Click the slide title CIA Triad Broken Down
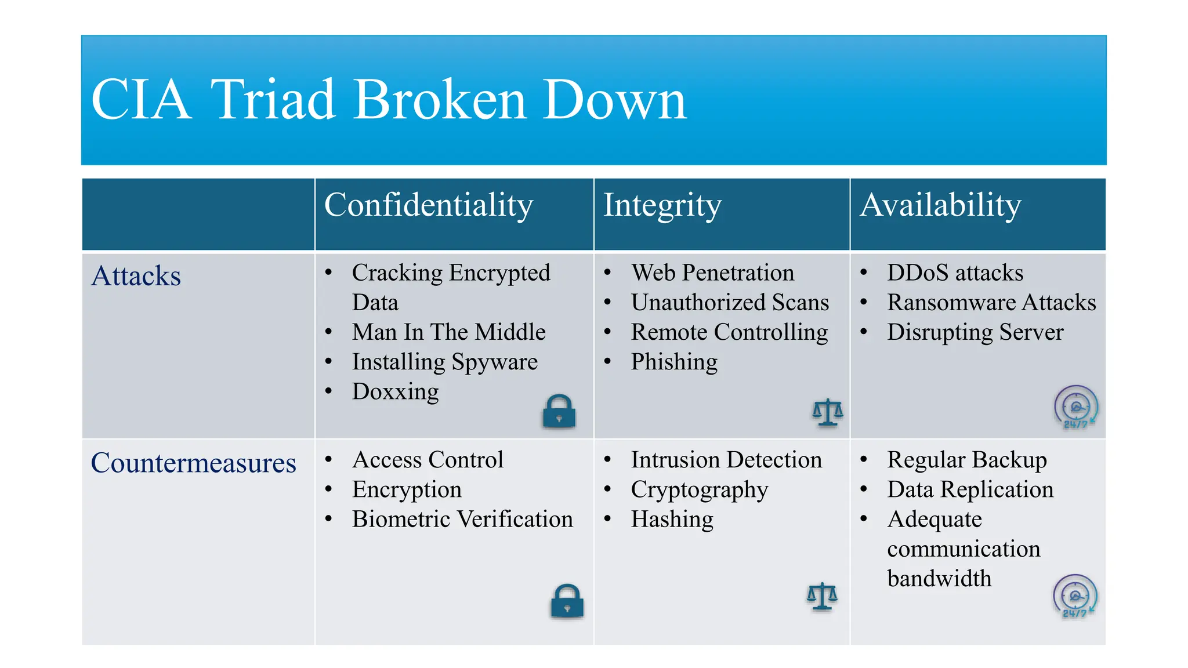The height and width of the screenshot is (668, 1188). click(x=389, y=100)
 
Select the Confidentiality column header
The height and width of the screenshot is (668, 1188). click(x=428, y=205)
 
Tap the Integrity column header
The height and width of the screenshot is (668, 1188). click(x=662, y=205)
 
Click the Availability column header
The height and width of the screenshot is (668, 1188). click(x=940, y=205)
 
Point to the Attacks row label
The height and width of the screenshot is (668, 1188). click(x=136, y=276)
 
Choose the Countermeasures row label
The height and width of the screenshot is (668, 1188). click(x=193, y=463)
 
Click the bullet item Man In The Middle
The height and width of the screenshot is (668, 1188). click(x=448, y=332)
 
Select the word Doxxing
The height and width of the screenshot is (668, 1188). click(x=395, y=392)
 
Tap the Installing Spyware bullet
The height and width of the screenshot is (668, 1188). click(x=444, y=362)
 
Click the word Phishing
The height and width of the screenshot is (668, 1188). click(x=674, y=362)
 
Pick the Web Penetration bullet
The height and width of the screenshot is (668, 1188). click(x=712, y=273)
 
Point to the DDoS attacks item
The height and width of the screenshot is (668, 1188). click(x=955, y=273)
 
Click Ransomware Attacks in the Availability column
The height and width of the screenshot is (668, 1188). click(x=991, y=303)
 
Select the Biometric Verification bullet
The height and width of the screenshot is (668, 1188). click(x=462, y=520)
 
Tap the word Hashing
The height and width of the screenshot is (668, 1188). click(x=672, y=520)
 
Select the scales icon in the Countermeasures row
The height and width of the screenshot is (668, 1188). click(x=822, y=597)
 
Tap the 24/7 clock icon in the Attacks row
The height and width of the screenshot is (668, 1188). click(x=1076, y=407)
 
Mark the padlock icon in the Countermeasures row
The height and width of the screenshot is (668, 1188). click(x=567, y=601)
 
